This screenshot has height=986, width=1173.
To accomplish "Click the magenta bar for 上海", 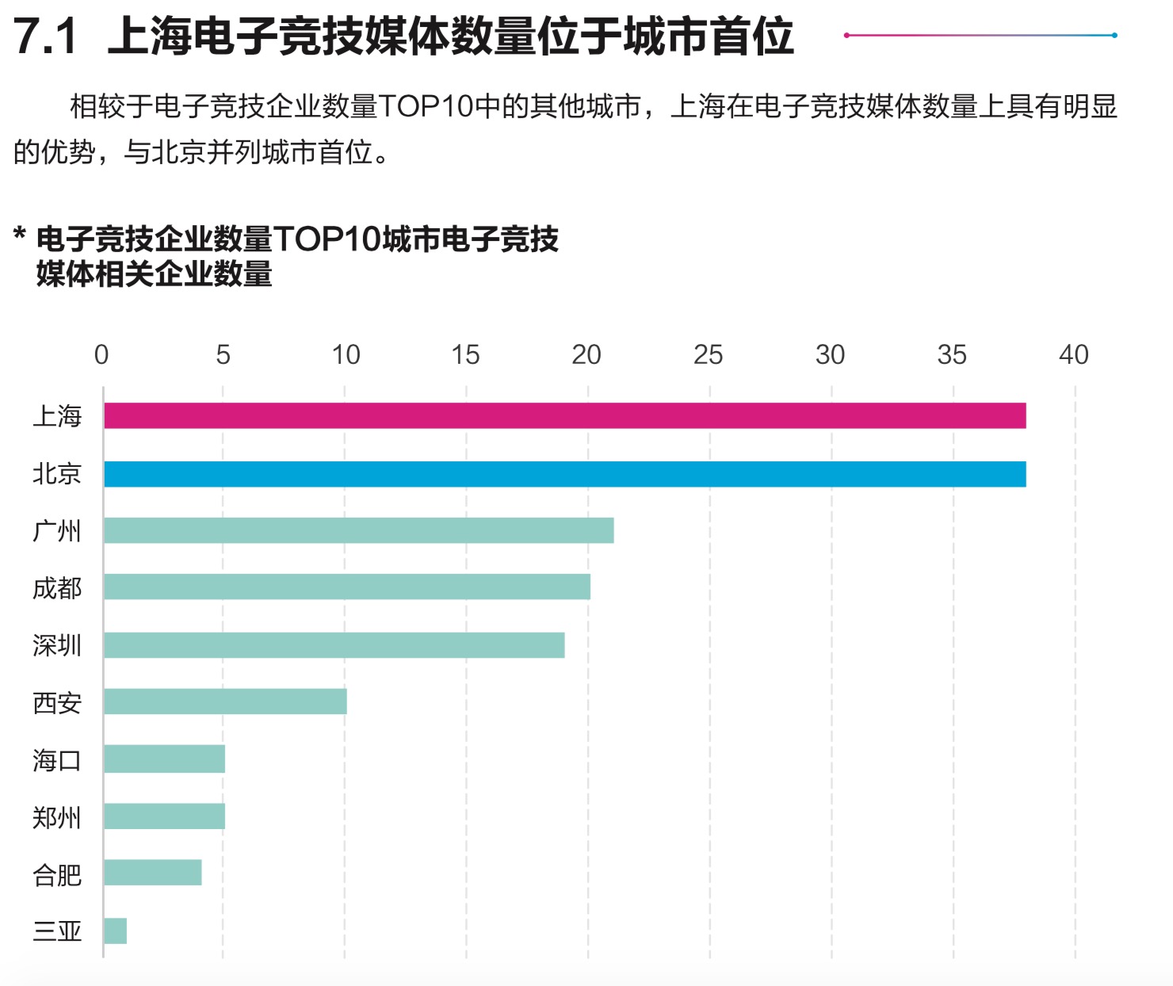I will pyautogui.click(x=564, y=415).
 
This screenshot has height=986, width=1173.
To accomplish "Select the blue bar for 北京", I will pyautogui.click(x=564, y=474).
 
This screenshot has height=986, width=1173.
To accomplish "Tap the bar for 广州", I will pyautogui.click(x=358, y=530).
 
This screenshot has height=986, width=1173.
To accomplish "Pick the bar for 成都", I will pyautogui.click(x=346, y=587).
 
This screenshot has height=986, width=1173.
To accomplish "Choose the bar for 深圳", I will pyautogui.click(x=334, y=645).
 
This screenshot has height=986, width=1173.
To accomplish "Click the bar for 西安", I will pyautogui.click(x=225, y=701).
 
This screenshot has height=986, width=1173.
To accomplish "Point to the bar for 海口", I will pyautogui.click(x=164, y=759).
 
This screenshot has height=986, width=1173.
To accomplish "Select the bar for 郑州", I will pyautogui.click(x=164, y=816).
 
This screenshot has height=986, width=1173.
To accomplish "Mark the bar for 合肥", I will pyautogui.click(x=152, y=873).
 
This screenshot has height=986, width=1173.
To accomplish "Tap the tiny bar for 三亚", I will pyautogui.click(x=115, y=931).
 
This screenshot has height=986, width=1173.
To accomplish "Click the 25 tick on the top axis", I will pyautogui.click(x=708, y=355).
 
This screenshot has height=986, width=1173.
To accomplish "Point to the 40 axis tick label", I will pyautogui.click(x=1074, y=355).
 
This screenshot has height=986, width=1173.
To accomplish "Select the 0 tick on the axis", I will pyautogui.click(x=101, y=355).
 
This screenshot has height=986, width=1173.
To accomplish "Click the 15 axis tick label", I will pyautogui.click(x=465, y=355).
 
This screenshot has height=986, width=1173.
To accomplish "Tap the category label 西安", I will pyautogui.click(x=57, y=703).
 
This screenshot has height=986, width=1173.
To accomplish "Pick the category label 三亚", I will pyautogui.click(x=57, y=931).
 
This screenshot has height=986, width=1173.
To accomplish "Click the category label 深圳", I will pyautogui.click(x=57, y=646).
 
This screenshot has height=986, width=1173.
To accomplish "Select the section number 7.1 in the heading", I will pyautogui.click(x=46, y=36).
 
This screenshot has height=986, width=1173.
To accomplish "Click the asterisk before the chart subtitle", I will pyautogui.click(x=21, y=235).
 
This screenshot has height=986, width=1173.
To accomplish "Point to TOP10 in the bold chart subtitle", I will pyautogui.click(x=326, y=239).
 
